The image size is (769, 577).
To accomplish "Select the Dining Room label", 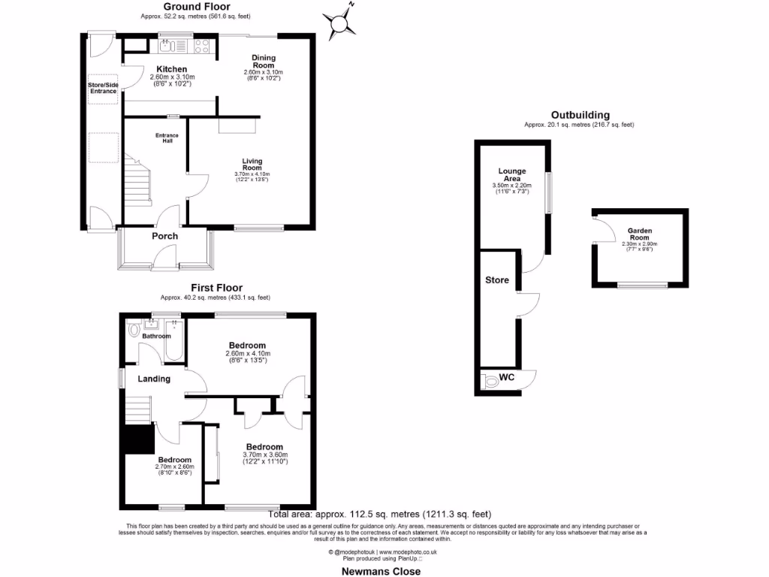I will click(x=264, y=62).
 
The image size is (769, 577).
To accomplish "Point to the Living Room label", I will click(x=252, y=165).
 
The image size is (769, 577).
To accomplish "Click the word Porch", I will click(x=165, y=236).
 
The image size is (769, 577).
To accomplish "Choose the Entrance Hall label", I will click(x=167, y=137).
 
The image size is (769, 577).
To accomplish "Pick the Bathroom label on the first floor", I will click(x=156, y=336).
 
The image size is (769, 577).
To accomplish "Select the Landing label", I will click(x=153, y=379).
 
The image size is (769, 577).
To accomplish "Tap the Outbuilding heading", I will click(x=579, y=115).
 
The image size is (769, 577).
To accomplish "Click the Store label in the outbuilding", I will click(x=497, y=280).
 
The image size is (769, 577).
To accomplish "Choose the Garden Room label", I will click(x=640, y=235).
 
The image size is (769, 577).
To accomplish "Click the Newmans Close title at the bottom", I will click(x=382, y=571).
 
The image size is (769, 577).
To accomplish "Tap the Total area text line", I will click(x=380, y=515).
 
